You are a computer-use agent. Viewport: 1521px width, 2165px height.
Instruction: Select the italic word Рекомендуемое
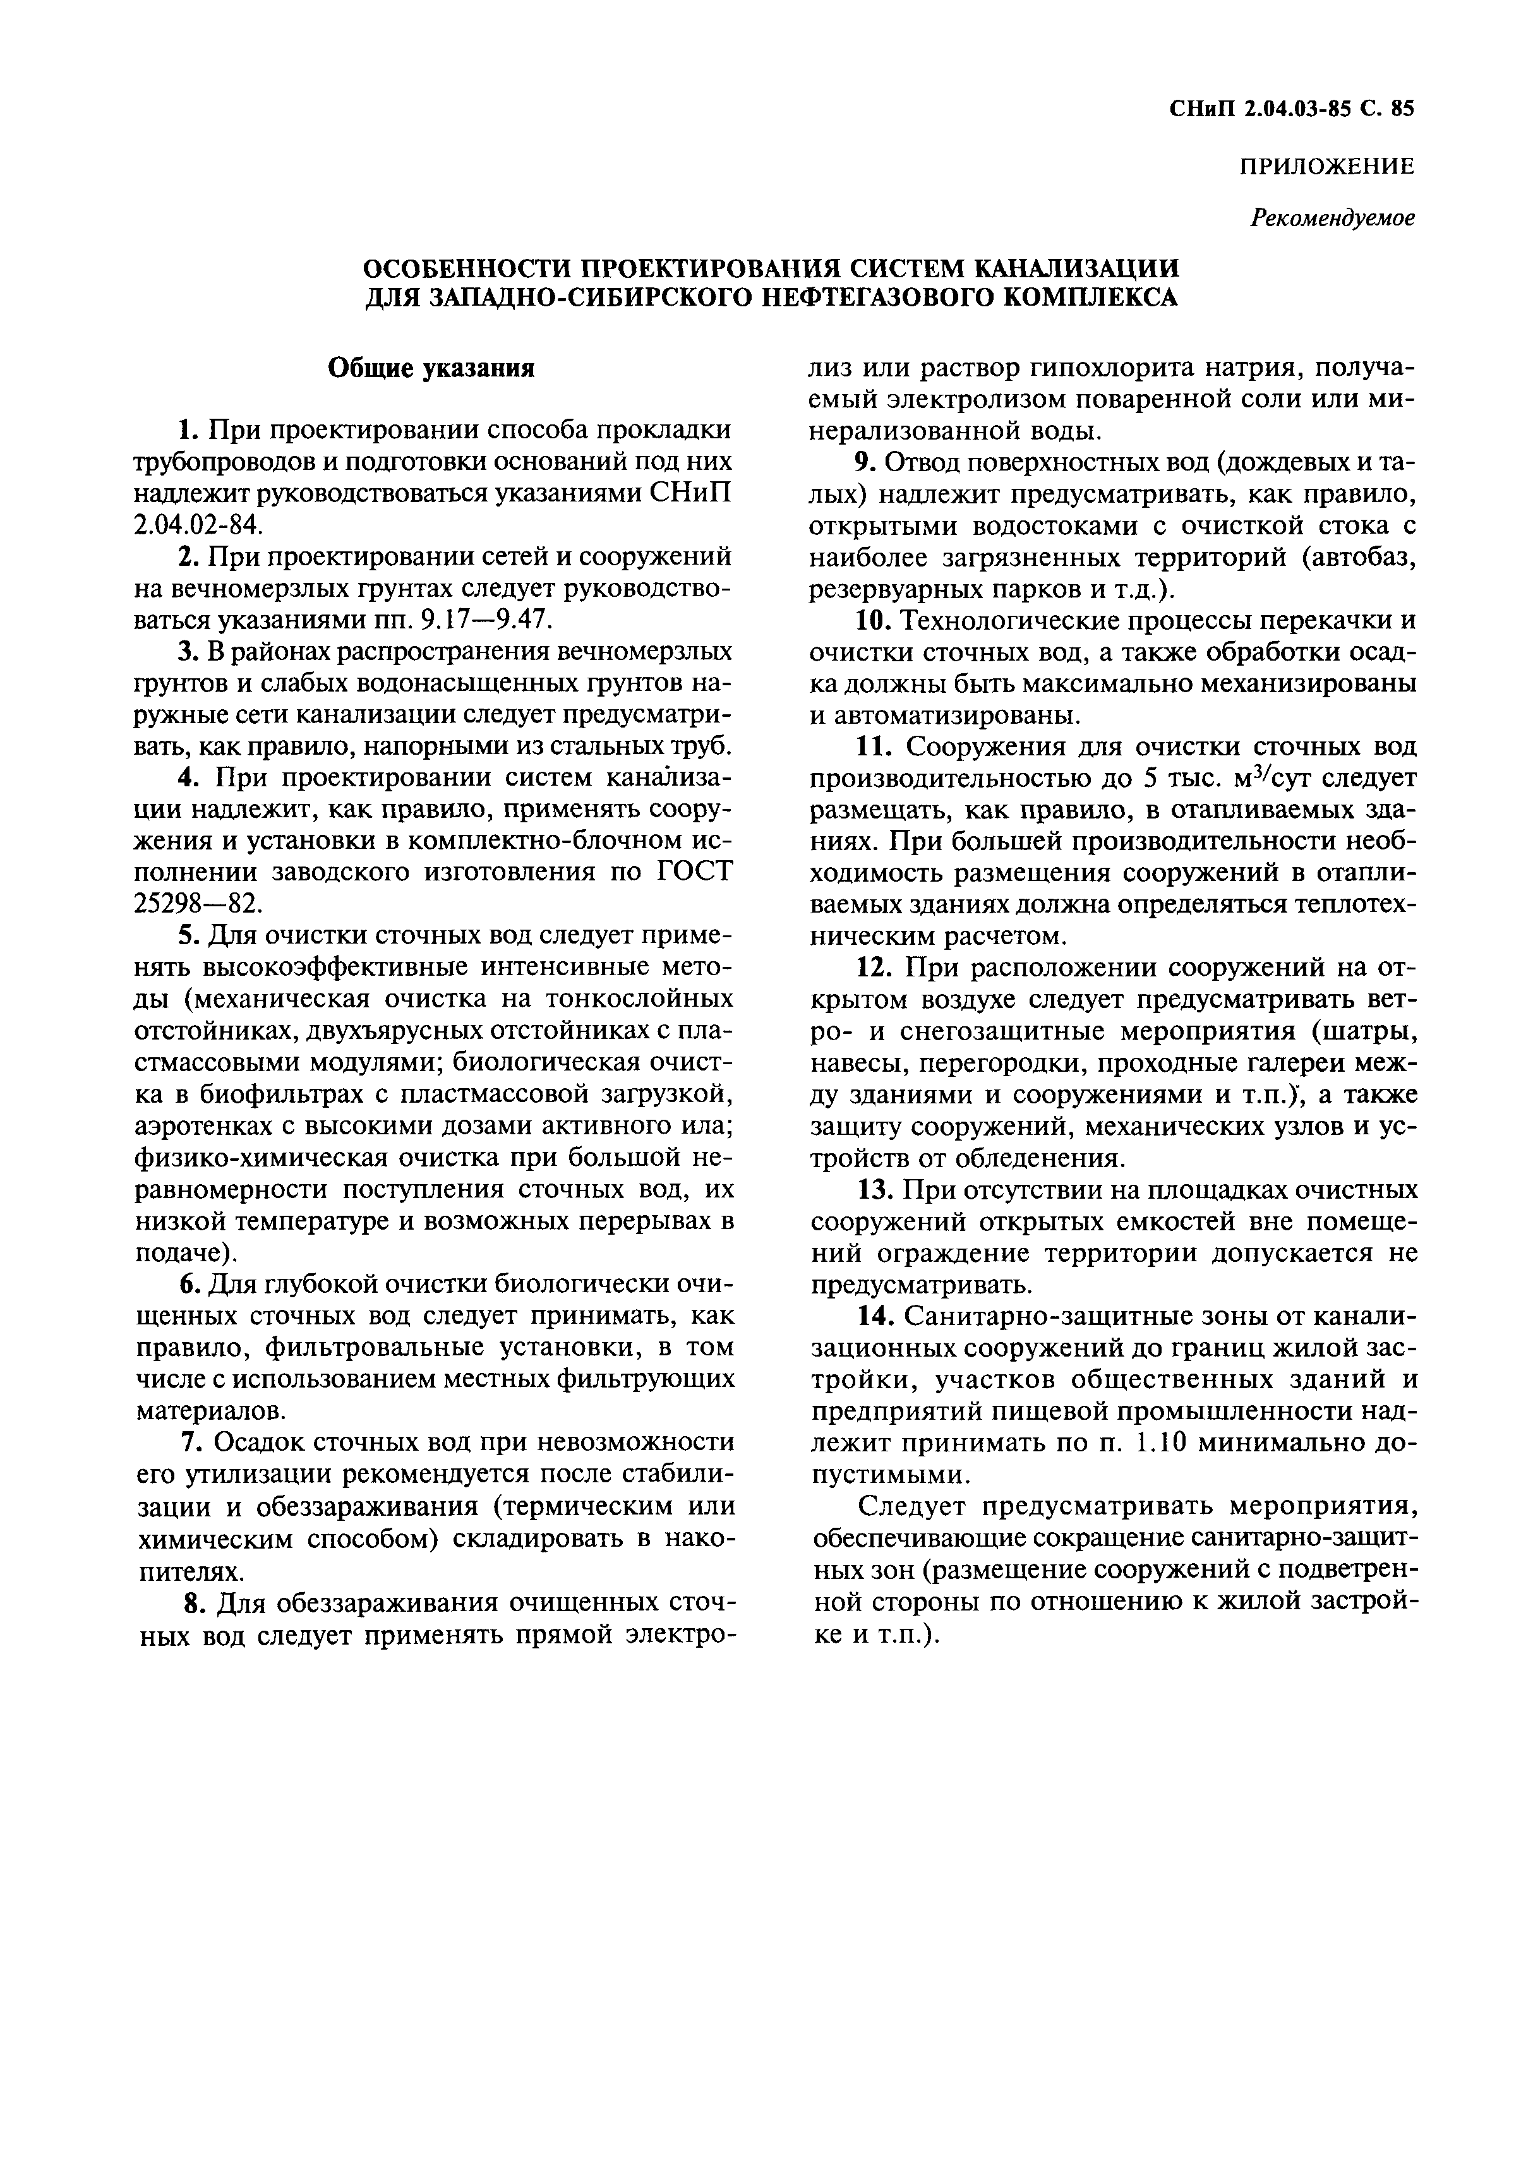[1332, 218]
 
